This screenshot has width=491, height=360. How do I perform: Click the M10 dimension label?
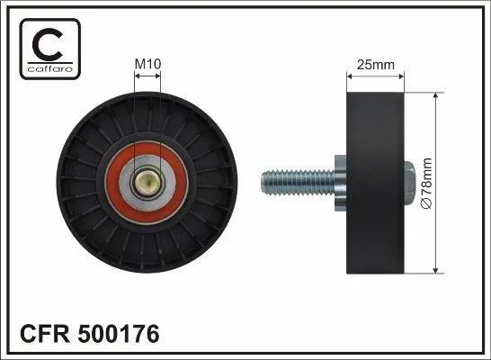(x=147, y=64)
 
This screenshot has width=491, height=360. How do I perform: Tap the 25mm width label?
(x=376, y=65)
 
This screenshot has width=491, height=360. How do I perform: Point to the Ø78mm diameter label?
(x=427, y=184)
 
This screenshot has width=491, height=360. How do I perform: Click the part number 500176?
(x=119, y=334)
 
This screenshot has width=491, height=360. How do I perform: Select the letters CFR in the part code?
(x=45, y=334)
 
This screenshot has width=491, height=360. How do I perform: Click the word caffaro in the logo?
(x=50, y=68)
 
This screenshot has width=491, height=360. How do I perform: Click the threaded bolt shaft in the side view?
(x=299, y=183)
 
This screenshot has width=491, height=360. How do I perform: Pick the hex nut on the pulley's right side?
(x=410, y=183)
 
